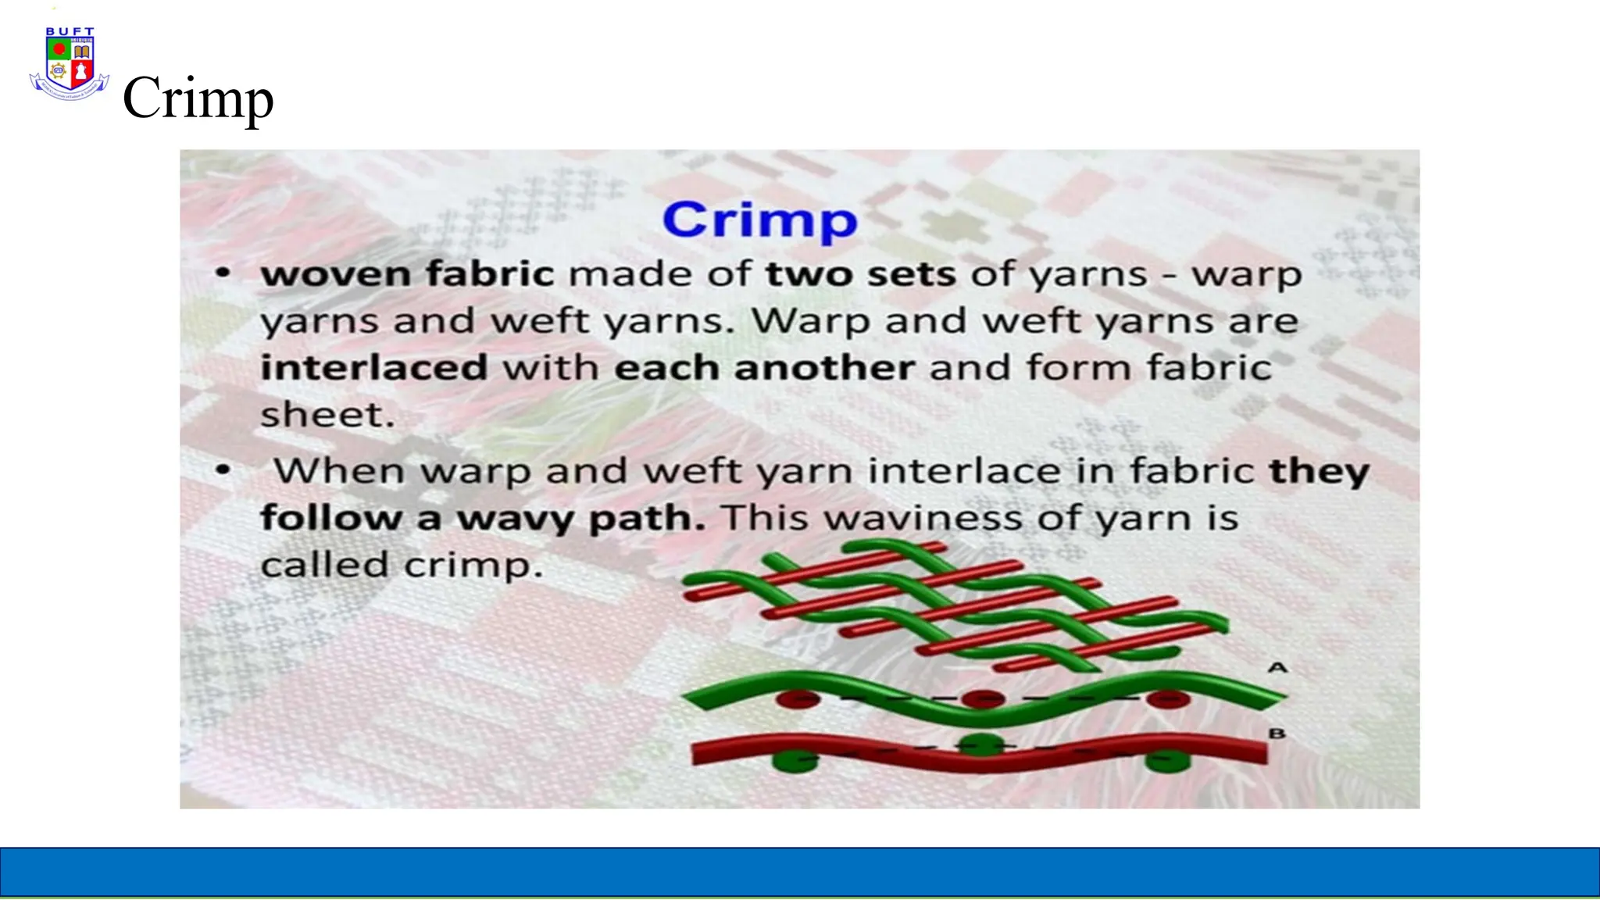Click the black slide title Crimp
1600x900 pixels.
pyautogui.click(x=198, y=98)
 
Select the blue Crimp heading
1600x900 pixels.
pyautogui.click(x=759, y=220)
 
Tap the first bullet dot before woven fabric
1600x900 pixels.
pyautogui.click(x=223, y=273)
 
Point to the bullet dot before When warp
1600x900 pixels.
pyautogui.click(x=223, y=470)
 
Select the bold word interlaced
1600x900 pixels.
pyautogui.click(x=374, y=368)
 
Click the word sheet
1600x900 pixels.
pyautogui.click(x=327, y=415)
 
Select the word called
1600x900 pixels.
pyautogui.click(x=323, y=565)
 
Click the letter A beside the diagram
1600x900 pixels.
pyautogui.click(x=1277, y=668)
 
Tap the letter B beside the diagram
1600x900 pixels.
pyautogui.click(x=1277, y=734)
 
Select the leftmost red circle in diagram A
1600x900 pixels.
pyautogui.click(x=798, y=698)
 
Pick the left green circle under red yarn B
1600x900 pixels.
pyautogui.click(x=796, y=761)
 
